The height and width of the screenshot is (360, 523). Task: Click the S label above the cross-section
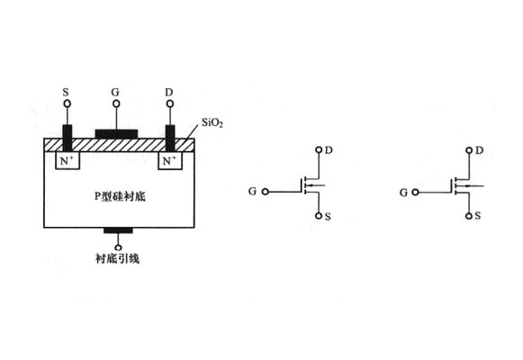click(66, 92)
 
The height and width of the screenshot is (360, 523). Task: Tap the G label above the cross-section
click(115, 92)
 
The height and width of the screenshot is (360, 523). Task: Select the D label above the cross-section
click(169, 92)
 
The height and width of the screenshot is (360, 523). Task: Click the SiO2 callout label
click(212, 122)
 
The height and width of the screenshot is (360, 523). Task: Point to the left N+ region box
click(68, 161)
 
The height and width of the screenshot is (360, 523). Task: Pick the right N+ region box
click(170, 161)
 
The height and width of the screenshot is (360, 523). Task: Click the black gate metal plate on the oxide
click(116, 134)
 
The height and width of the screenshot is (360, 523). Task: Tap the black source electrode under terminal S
click(68, 138)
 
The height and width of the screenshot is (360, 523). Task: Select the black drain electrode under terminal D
click(170, 138)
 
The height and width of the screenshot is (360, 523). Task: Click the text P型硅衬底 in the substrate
click(120, 197)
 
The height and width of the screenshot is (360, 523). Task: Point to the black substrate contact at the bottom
click(118, 230)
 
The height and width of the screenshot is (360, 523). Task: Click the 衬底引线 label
click(117, 258)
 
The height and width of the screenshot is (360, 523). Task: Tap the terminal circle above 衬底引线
click(118, 247)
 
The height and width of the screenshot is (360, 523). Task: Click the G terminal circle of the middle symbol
click(266, 192)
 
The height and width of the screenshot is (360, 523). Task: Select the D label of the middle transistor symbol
click(329, 150)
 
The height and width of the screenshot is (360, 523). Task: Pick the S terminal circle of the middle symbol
click(319, 216)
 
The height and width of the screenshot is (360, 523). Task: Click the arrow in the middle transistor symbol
click(315, 185)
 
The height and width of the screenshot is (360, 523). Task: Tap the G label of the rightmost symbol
click(403, 193)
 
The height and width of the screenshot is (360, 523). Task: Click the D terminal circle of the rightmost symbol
click(469, 150)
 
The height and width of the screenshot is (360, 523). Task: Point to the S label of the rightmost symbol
click(478, 216)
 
